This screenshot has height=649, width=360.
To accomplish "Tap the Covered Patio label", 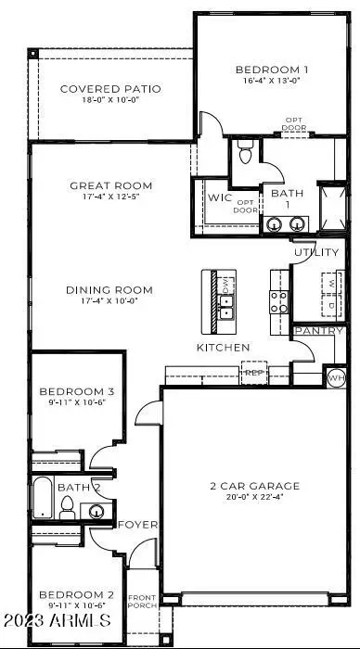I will (x=110, y=89).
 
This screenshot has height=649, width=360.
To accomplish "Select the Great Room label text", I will (x=111, y=185).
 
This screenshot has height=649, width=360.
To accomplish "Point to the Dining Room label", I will (x=109, y=290).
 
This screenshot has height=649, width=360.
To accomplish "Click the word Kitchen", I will (x=223, y=348).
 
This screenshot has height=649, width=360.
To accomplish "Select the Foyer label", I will (x=137, y=525).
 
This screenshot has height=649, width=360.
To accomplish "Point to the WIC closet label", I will (x=219, y=197).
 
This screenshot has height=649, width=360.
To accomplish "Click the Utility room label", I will (x=317, y=252).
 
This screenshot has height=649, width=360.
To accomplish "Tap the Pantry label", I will (x=318, y=331).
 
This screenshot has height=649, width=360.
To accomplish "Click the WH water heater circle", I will (x=335, y=377).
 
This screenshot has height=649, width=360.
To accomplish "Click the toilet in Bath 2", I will (x=67, y=507).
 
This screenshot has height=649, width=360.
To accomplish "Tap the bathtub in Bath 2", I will (x=43, y=499).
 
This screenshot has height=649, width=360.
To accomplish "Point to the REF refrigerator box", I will (x=253, y=374).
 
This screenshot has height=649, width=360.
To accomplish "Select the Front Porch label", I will (x=141, y=600).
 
